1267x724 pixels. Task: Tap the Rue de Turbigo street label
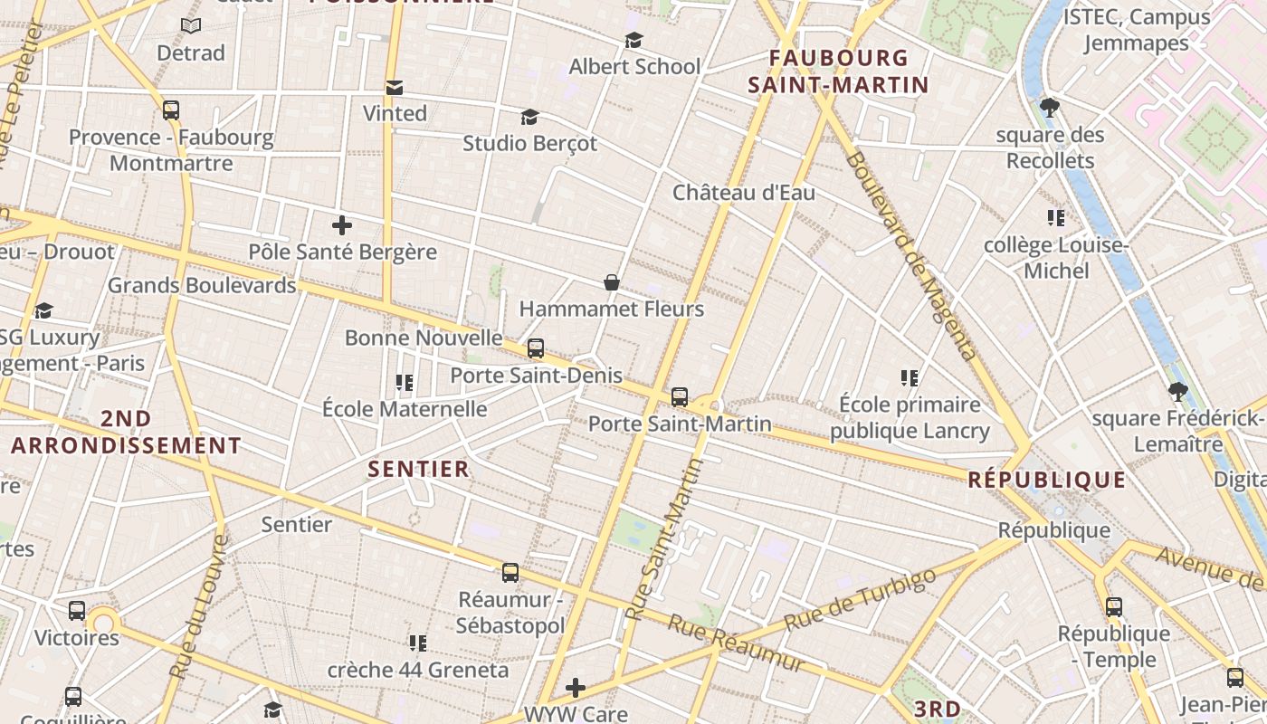point(860,600)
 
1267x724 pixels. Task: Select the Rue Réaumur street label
point(736,643)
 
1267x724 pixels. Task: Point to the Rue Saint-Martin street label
point(664,540)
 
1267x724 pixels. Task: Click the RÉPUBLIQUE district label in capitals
point(1047,480)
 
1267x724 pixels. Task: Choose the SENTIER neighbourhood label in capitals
point(419,469)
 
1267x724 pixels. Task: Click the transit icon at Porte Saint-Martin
point(680,397)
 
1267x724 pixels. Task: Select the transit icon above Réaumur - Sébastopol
point(510,573)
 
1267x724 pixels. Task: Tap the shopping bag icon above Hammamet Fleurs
point(612,283)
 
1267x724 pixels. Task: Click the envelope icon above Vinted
point(395,88)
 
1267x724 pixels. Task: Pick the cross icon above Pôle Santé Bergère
point(342,225)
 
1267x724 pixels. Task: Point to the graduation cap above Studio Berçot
point(529,118)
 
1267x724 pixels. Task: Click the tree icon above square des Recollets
point(1050,109)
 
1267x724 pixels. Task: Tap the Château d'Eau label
point(744,192)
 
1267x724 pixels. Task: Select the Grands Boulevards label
point(202,285)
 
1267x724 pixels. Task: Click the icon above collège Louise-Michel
point(1055,218)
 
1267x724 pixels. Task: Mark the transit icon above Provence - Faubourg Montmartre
point(171,110)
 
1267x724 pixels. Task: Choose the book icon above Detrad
point(191,26)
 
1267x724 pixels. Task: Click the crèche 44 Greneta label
point(418,671)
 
